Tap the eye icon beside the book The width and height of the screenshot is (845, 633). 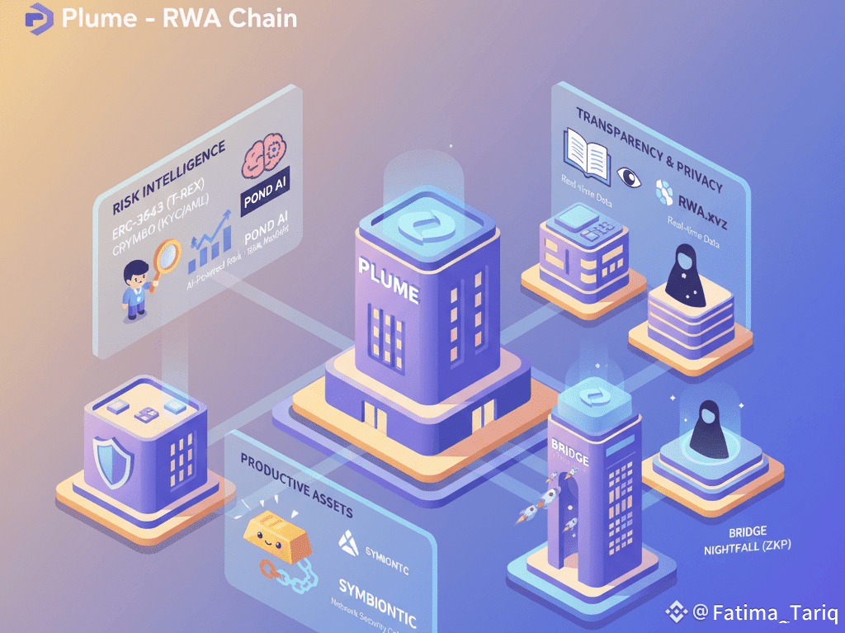(x=628, y=175)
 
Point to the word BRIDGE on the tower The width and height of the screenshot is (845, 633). (x=569, y=453)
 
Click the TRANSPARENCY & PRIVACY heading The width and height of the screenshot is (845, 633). (x=649, y=148)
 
